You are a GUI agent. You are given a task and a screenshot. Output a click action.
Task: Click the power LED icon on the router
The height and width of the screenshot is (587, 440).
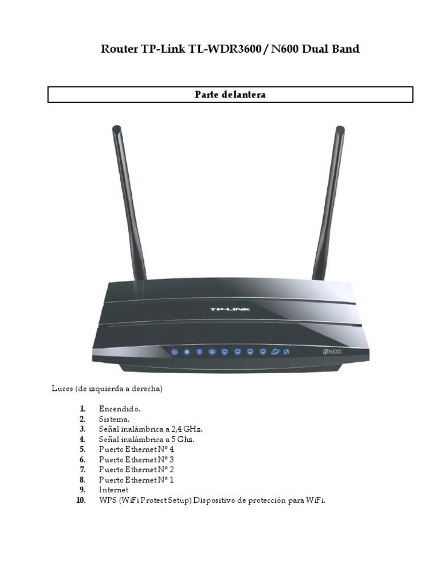pyautogui.click(x=174, y=351)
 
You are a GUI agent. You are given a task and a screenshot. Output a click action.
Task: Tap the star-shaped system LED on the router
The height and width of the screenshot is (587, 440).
pyautogui.click(x=186, y=351)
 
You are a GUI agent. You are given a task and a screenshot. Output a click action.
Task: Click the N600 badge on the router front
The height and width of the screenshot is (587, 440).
pyautogui.click(x=331, y=351)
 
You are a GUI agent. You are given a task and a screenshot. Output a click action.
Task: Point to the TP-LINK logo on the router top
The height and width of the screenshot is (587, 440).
pyautogui.click(x=230, y=309)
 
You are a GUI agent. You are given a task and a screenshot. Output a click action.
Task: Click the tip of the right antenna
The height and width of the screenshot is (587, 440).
pyautogui.click(x=340, y=128)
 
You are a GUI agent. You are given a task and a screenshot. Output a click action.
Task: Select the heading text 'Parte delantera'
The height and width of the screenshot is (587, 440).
pyautogui.click(x=230, y=95)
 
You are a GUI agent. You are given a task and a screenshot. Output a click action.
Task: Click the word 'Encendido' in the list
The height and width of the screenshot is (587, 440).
pyautogui.click(x=119, y=409)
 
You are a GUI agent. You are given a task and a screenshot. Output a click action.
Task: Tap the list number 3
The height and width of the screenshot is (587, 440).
pyautogui.click(x=82, y=429)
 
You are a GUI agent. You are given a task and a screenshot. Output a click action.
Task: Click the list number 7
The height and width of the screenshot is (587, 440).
pyautogui.click(x=82, y=469)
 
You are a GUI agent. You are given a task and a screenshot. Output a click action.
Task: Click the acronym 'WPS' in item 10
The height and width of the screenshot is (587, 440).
pyautogui.click(x=107, y=500)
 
